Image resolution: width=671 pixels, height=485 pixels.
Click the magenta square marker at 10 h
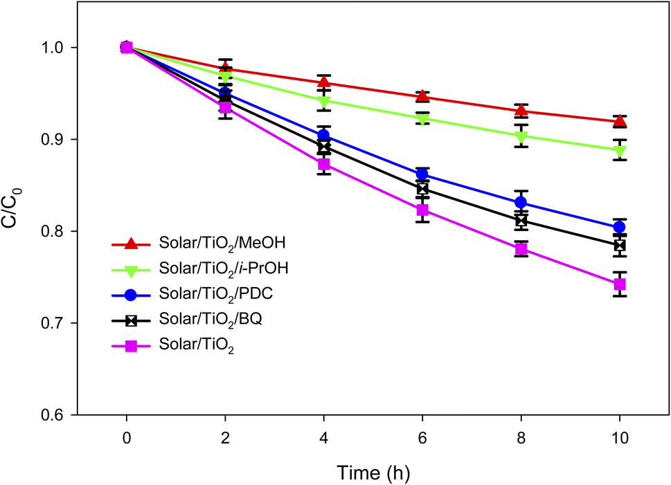pos(619,284)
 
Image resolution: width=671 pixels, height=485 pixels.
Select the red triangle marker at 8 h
pos(521,111)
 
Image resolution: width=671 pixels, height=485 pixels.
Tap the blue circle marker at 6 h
pos(422,174)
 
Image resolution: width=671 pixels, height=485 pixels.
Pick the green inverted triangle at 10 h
pos(619,151)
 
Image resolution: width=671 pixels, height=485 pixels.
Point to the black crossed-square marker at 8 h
pos(521,221)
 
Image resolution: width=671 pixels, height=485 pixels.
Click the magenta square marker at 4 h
pos(323,165)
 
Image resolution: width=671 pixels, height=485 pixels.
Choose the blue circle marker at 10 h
pos(619,227)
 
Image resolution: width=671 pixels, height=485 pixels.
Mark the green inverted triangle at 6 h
pos(422,119)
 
